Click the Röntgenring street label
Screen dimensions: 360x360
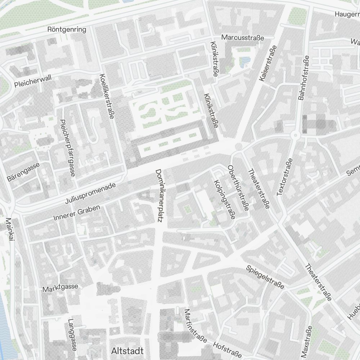[x=67, y=30]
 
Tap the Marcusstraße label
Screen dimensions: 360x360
[x=243, y=37]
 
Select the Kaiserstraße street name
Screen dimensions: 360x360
[x=267, y=63]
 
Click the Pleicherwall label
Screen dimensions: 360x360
[x=33, y=81]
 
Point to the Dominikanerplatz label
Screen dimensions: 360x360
[x=158, y=195]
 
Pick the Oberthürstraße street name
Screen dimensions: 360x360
[x=238, y=188]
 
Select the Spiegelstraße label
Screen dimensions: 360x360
[x=265, y=277]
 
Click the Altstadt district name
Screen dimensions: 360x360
[x=127, y=351]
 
